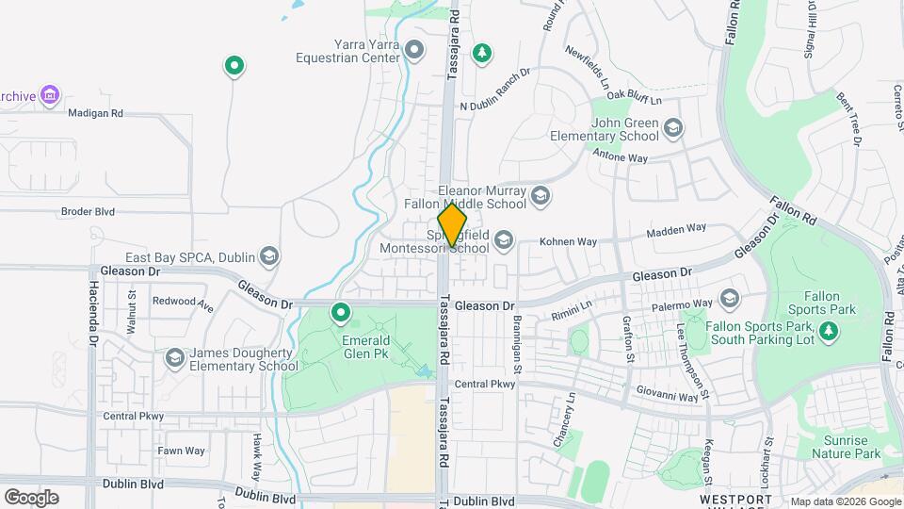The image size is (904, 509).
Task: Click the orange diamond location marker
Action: [x=453, y=225]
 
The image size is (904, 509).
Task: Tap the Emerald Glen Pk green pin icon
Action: [x=341, y=313]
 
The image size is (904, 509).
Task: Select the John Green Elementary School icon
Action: [x=672, y=127]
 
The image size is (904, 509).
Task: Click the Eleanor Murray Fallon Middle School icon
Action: [x=540, y=196]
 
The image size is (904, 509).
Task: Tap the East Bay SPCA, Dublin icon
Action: [x=269, y=256]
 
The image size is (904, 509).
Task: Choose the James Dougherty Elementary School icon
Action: [x=174, y=359]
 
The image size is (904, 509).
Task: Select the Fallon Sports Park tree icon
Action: [x=829, y=331]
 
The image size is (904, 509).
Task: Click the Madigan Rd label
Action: [x=95, y=113]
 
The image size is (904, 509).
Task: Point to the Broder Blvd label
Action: [x=88, y=212]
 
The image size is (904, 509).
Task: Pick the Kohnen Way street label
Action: [x=568, y=242]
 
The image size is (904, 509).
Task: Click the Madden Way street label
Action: [x=675, y=229]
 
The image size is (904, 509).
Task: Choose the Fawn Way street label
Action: [x=181, y=451]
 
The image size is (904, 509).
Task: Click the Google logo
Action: [x=31, y=497]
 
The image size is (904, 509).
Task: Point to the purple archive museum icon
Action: [x=50, y=94]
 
